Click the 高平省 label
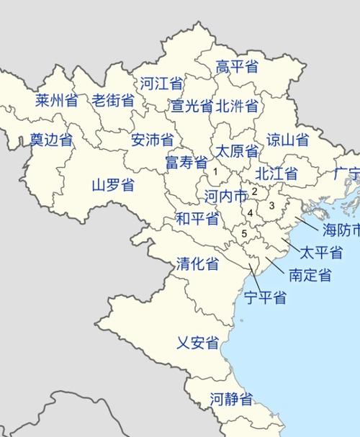[237, 67]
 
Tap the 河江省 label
[161, 83]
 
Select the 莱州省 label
[56, 101]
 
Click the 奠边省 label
[51, 140]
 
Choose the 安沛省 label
[152, 140]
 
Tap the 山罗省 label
[113, 184]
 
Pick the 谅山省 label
[287, 140]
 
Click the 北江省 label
[276, 174]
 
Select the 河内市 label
[225, 195]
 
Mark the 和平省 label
[197, 219]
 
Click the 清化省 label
[197, 264]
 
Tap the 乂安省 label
[197, 343]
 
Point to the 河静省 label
[231, 398]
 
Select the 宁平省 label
[264, 297]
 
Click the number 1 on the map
[215, 171]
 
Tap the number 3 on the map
[271, 206]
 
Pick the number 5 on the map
[244, 233]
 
